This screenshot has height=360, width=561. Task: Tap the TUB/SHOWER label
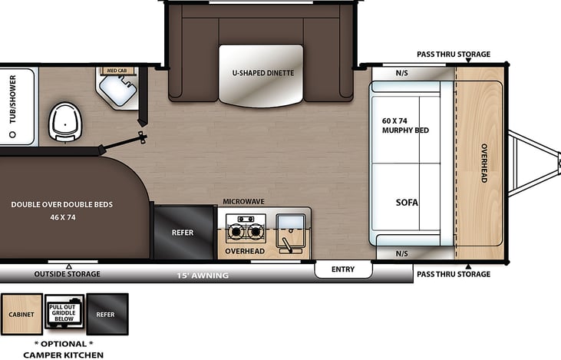[13, 105]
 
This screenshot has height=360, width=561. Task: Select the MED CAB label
[116, 71]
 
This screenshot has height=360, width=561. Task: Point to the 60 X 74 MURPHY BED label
[405, 125]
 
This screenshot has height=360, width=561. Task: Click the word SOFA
[407, 203]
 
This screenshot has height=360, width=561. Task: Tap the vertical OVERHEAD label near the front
[484, 163]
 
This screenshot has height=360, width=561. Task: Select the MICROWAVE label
[243, 201]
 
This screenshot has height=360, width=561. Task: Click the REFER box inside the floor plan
[183, 233]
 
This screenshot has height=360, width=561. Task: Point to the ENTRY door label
[343, 269]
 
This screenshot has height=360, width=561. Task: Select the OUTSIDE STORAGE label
[67, 274]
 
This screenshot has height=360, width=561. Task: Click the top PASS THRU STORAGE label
[453, 54]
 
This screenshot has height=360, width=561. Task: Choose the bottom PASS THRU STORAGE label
[453, 274]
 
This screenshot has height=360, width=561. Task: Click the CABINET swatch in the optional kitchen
[21, 315]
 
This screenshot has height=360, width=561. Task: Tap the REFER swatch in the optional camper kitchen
[107, 315]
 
